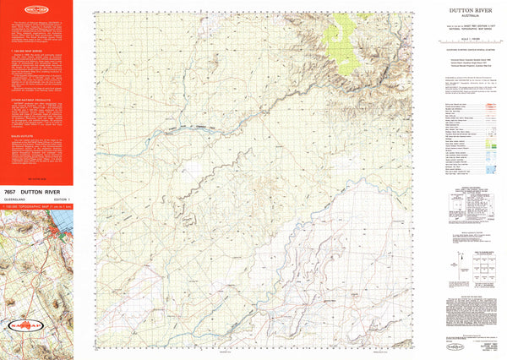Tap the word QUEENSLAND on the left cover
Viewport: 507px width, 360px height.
coord(15,200)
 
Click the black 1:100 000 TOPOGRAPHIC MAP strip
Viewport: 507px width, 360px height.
coord(38,207)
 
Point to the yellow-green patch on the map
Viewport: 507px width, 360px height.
coord(341,32)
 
